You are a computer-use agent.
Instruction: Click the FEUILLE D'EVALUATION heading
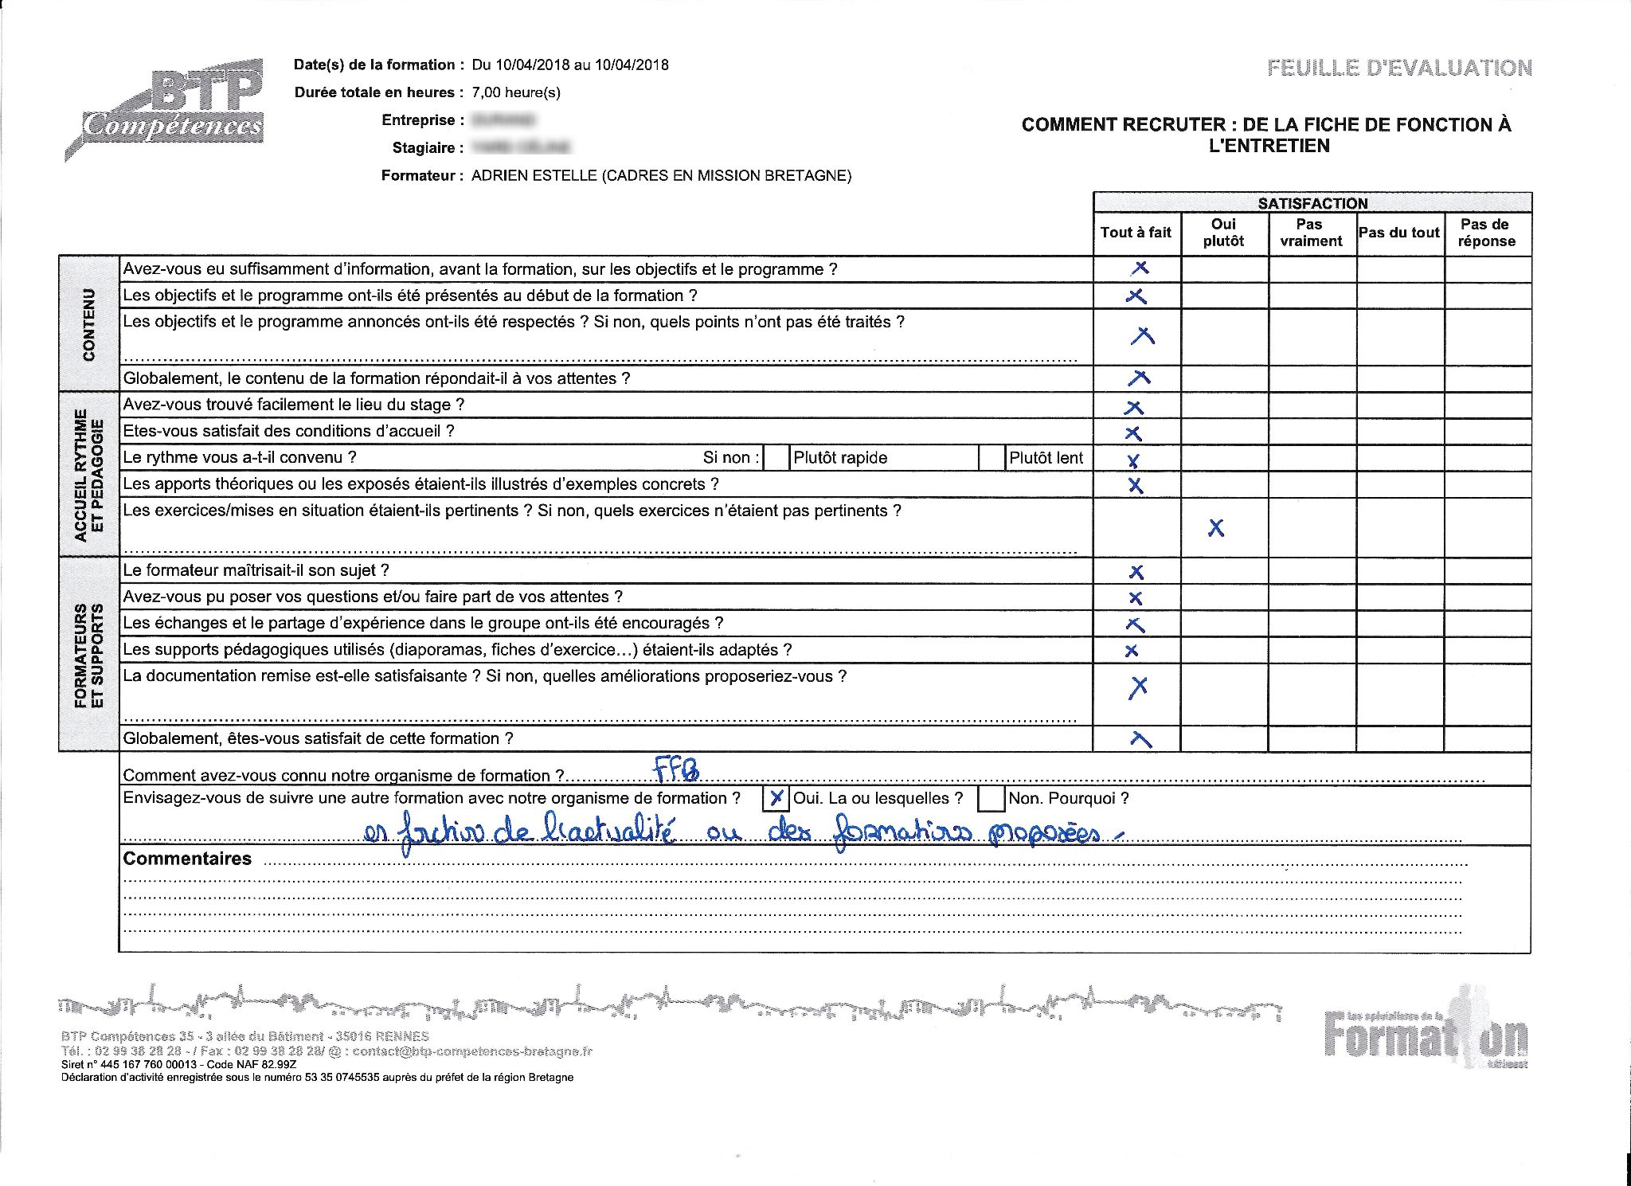(1399, 68)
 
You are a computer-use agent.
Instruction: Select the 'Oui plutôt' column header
(1223, 233)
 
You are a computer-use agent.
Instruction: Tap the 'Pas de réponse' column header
(1486, 233)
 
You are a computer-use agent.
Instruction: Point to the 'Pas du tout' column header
(1399, 233)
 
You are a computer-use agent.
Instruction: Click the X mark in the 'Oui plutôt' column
(1216, 527)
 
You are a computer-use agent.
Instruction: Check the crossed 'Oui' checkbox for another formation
(776, 797)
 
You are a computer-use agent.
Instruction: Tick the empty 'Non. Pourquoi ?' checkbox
(990, 797)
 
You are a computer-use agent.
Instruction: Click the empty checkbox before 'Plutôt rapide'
(776, 458)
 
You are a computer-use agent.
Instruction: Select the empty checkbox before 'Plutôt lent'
(992, 458)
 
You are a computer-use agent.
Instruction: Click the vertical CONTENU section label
(88, 323)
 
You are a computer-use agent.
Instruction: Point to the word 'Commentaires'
(187, 859)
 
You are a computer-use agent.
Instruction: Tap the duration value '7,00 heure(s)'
(516, 92)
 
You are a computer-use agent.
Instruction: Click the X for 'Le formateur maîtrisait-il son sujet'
(1136, 572)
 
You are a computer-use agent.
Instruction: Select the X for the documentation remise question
(1138, 687)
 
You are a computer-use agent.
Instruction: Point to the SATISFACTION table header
(1312, 203)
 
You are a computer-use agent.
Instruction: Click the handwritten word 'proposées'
(1043, 833)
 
